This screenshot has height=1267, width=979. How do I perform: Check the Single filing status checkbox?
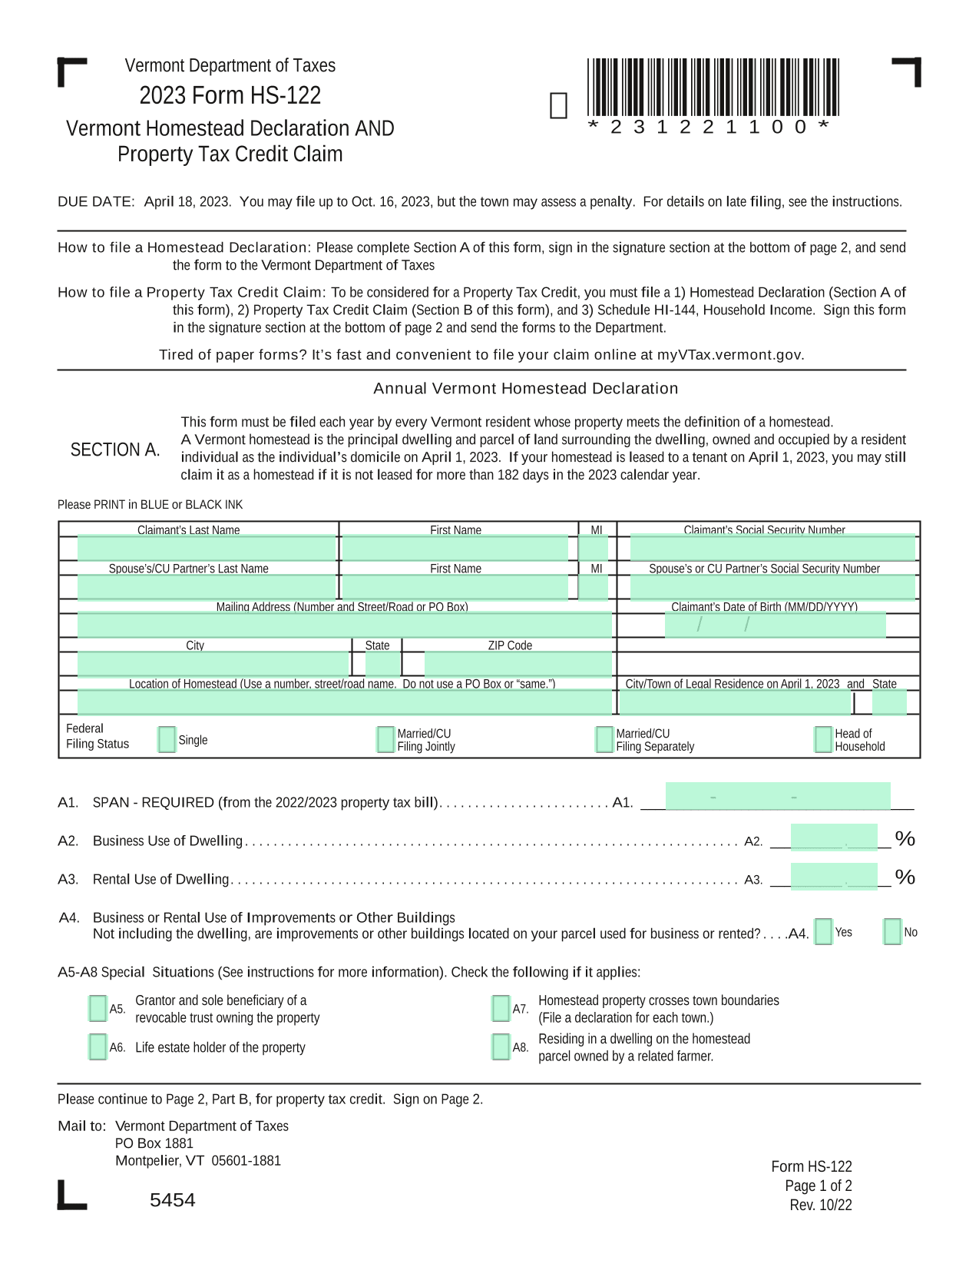click(166, 740)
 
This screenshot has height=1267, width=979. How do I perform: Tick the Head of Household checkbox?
click(823, 740)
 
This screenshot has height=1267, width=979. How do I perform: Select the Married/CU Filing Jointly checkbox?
click(385, 740)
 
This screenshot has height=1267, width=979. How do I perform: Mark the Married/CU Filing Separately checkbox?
click(604, 740)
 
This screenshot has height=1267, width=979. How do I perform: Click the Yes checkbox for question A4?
click(823, 932)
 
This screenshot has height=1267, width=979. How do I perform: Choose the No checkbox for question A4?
click(892, 932)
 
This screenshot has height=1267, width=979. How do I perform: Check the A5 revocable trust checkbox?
click(98, 1009)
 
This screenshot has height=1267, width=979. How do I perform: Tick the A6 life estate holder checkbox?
click(98, 1047)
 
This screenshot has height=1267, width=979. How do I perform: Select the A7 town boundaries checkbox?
click(501, 1009)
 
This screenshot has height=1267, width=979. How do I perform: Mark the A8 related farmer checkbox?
click(501, 1047)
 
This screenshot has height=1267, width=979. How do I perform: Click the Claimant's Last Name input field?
click(207, 549)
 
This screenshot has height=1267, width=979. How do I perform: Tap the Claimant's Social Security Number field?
click(772, 549)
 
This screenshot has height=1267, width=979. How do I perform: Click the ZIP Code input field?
click(518, 664)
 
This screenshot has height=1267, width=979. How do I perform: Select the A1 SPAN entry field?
click(778, 797)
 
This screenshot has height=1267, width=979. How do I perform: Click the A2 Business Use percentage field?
click(834, 837)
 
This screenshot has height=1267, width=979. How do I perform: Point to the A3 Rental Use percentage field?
click(834, 877)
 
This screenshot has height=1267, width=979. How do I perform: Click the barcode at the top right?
click(713, 88)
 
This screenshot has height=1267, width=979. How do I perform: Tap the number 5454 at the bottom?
click(173, 1200)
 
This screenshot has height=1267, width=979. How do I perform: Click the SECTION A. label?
click(115, 450)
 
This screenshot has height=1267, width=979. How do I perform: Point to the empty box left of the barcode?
click(559, 106)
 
